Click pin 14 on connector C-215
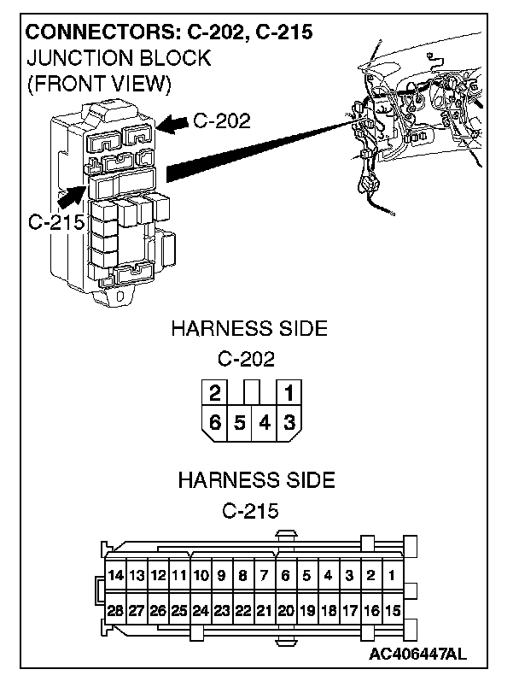tap(115, 575)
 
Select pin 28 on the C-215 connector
tap(115, 611)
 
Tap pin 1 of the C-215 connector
tap(392, 575)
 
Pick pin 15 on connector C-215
tap(392, 611)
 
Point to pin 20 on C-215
tap(285, 611)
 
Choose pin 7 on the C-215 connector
tap(264, 575)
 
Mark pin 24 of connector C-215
tap(201, 611)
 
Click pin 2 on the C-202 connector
tap(214, 394)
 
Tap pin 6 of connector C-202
tap(214, 421)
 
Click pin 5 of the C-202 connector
tap(240, 421)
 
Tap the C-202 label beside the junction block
tap(222, 121)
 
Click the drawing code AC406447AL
tap(418, 655)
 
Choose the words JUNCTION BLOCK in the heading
tap(119, 59)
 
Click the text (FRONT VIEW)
tap(100, 85)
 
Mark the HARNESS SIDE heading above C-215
tap(255, 479)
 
